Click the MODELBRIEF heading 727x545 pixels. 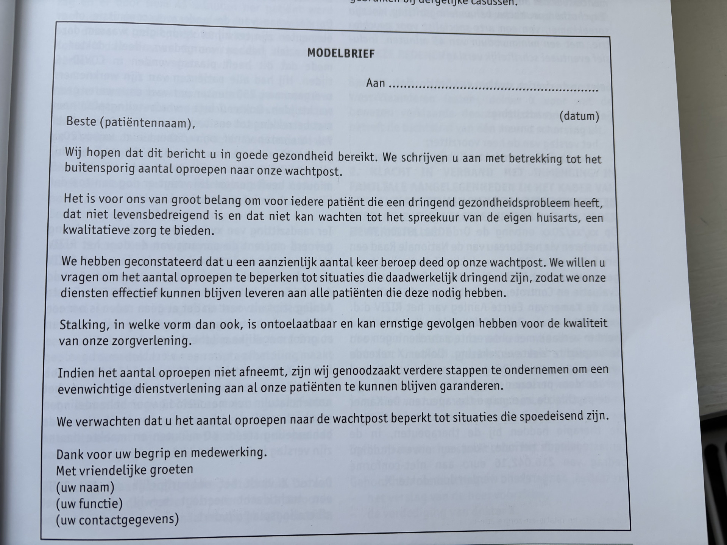(340, 53)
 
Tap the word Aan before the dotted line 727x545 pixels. (375, 83)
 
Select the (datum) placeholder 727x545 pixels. (579, 116)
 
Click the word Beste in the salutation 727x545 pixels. (81, 121)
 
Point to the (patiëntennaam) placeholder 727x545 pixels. (147, 123)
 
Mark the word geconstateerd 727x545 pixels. (164, 261)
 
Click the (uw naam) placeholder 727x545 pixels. (85, 487)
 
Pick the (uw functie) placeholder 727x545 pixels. (89, 503)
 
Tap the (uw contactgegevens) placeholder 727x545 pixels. (117, 519)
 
